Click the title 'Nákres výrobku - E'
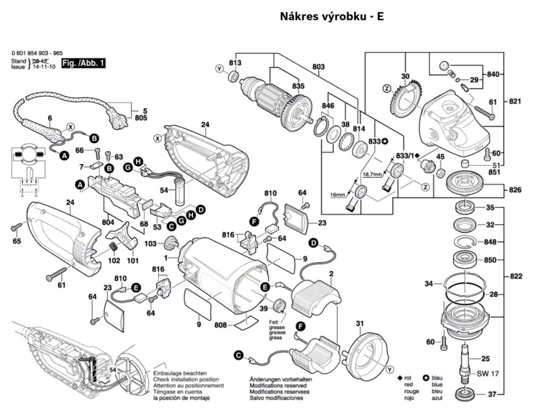point(332,16)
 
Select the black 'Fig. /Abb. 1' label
point(83,64)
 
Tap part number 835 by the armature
point(298,86)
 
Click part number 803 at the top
point(319,67)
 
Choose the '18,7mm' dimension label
point(372,174)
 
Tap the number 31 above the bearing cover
point(359,324)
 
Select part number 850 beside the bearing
point(490,260)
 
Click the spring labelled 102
point(112,247)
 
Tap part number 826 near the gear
point(515,190)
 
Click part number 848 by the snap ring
point(490,242)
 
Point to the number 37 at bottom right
point(491,394)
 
